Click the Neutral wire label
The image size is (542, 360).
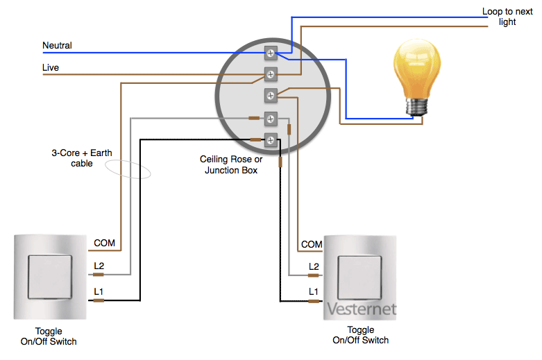[x=57, y=46]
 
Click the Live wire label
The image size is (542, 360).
[x=51, y=67]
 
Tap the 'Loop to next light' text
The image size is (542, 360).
[x=507, y=17]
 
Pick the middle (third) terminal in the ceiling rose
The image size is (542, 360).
[x=271, y=95]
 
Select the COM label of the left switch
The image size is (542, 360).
[x=104, y=243]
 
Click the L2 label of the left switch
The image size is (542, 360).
[x=99, y=266]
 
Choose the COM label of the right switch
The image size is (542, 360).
[x=312, y=244]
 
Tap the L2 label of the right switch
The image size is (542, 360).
[x=314, y=266]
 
